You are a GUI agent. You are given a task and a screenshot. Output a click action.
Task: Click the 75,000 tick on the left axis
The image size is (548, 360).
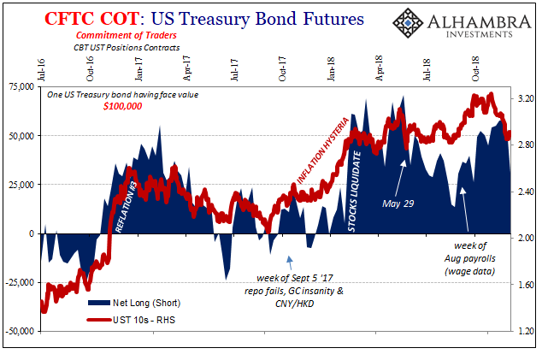pos(21,86)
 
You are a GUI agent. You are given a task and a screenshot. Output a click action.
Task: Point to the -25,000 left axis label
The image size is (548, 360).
pos(20,282)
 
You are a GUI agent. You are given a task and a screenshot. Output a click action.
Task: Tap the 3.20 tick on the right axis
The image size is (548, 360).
pos(524,99)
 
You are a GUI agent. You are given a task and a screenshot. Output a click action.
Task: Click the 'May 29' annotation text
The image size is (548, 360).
pos(398,202)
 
